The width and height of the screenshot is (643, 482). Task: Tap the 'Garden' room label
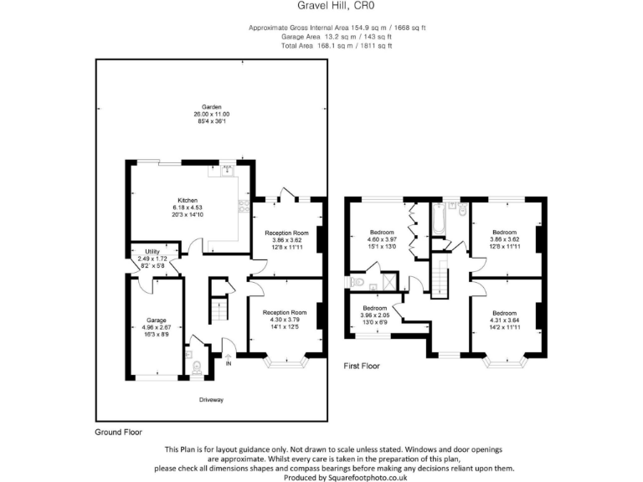tap(211, 106)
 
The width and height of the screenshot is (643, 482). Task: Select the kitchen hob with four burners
tap(242, 205)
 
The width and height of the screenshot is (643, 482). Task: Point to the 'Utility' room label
tap(152, 251)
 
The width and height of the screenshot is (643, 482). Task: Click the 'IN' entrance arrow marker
tap(228, 361)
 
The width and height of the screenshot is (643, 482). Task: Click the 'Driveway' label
tap(211, 399)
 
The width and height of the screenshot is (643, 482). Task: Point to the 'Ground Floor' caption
tap(118, 433)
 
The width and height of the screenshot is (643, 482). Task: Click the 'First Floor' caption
tap(362, 366)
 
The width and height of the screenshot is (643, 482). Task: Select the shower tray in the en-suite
tap(388, 280)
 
